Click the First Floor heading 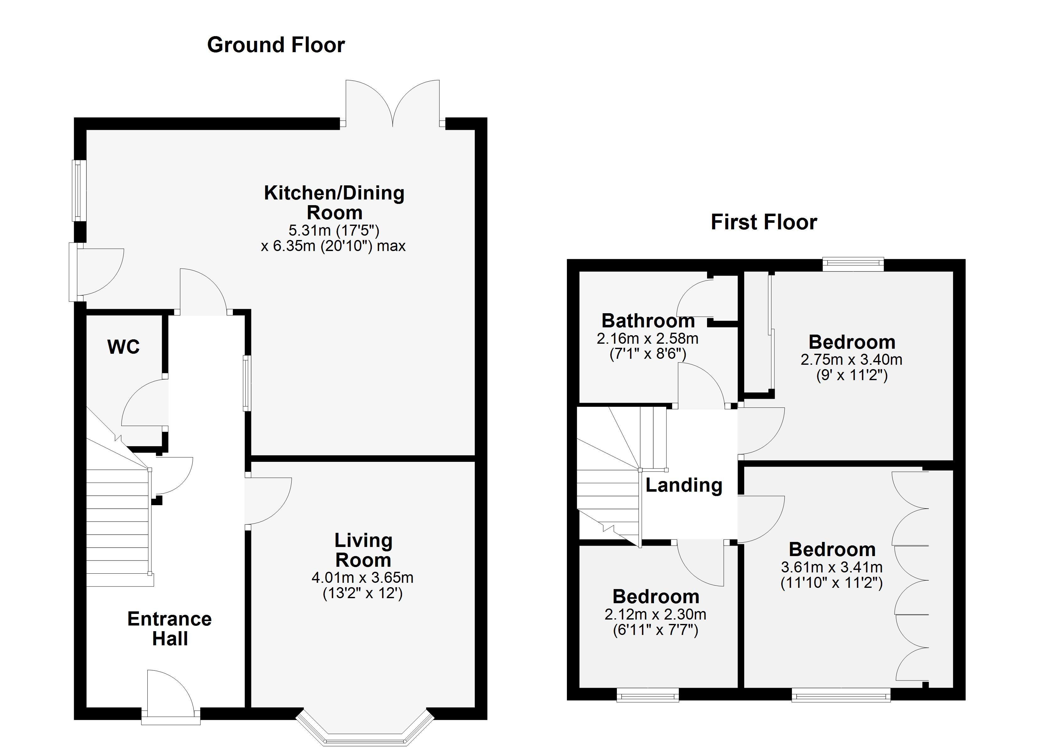764,222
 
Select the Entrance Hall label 170,628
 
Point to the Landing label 683,485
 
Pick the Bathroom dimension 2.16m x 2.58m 647,338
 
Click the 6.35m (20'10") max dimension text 333,246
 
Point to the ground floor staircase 118,526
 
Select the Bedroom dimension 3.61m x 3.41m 831,567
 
